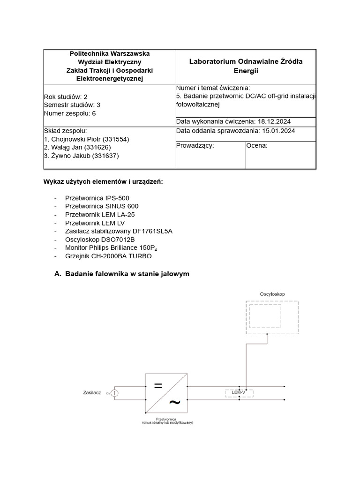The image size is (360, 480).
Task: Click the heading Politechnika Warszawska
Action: pyautogui.click(x=110, y=54)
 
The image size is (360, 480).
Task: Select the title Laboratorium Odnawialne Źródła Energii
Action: pyautogui.click(x=246, y=66)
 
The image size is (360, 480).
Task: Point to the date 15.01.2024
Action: pyautogui.click(x=278, y=131)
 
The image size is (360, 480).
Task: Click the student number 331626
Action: pyautogui.click(x=97, y=148)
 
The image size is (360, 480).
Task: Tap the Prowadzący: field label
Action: pyautogui.click(x=195, y=146)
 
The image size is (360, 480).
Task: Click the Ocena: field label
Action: pyautogui.click(x=257, y=146)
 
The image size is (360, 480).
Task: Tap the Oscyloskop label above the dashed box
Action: pyautogui.click(x=272, y=294)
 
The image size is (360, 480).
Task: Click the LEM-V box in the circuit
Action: pyautogui.click(x=239, y=392)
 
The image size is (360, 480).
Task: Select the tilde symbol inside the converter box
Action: pyautogui.click(x=174, y=402)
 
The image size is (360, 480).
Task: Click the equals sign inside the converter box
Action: pyautogui.click(x=158, y=386)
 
